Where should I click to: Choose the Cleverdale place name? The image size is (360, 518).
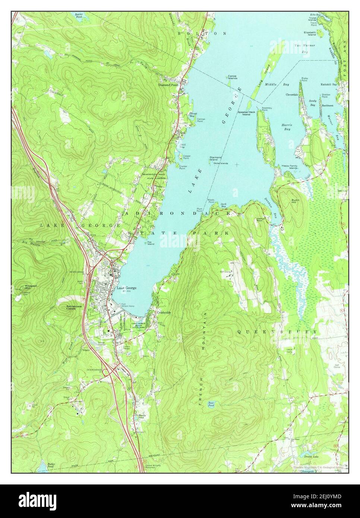(x=293, y=95)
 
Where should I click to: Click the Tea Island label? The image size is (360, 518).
(x=150, y=243)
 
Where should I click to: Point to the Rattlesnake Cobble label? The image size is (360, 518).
(x=73, y=307)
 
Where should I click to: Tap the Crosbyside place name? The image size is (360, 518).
(x=164, y=312)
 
